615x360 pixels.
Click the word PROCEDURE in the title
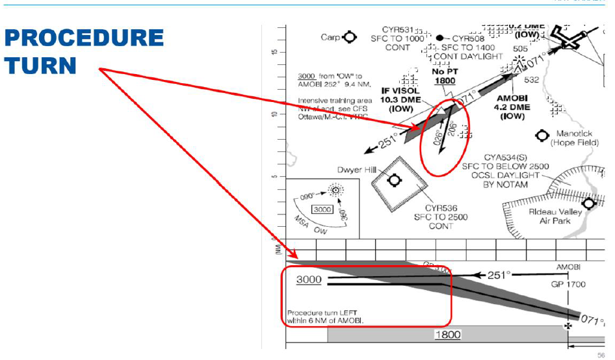84,38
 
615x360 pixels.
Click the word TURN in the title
41,66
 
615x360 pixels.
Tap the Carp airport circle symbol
350,37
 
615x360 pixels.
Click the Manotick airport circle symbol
542,135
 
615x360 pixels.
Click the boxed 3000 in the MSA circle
323,210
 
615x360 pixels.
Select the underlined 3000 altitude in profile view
309,279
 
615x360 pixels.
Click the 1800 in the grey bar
447,335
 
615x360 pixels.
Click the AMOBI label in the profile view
568,267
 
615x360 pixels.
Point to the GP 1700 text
568,284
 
